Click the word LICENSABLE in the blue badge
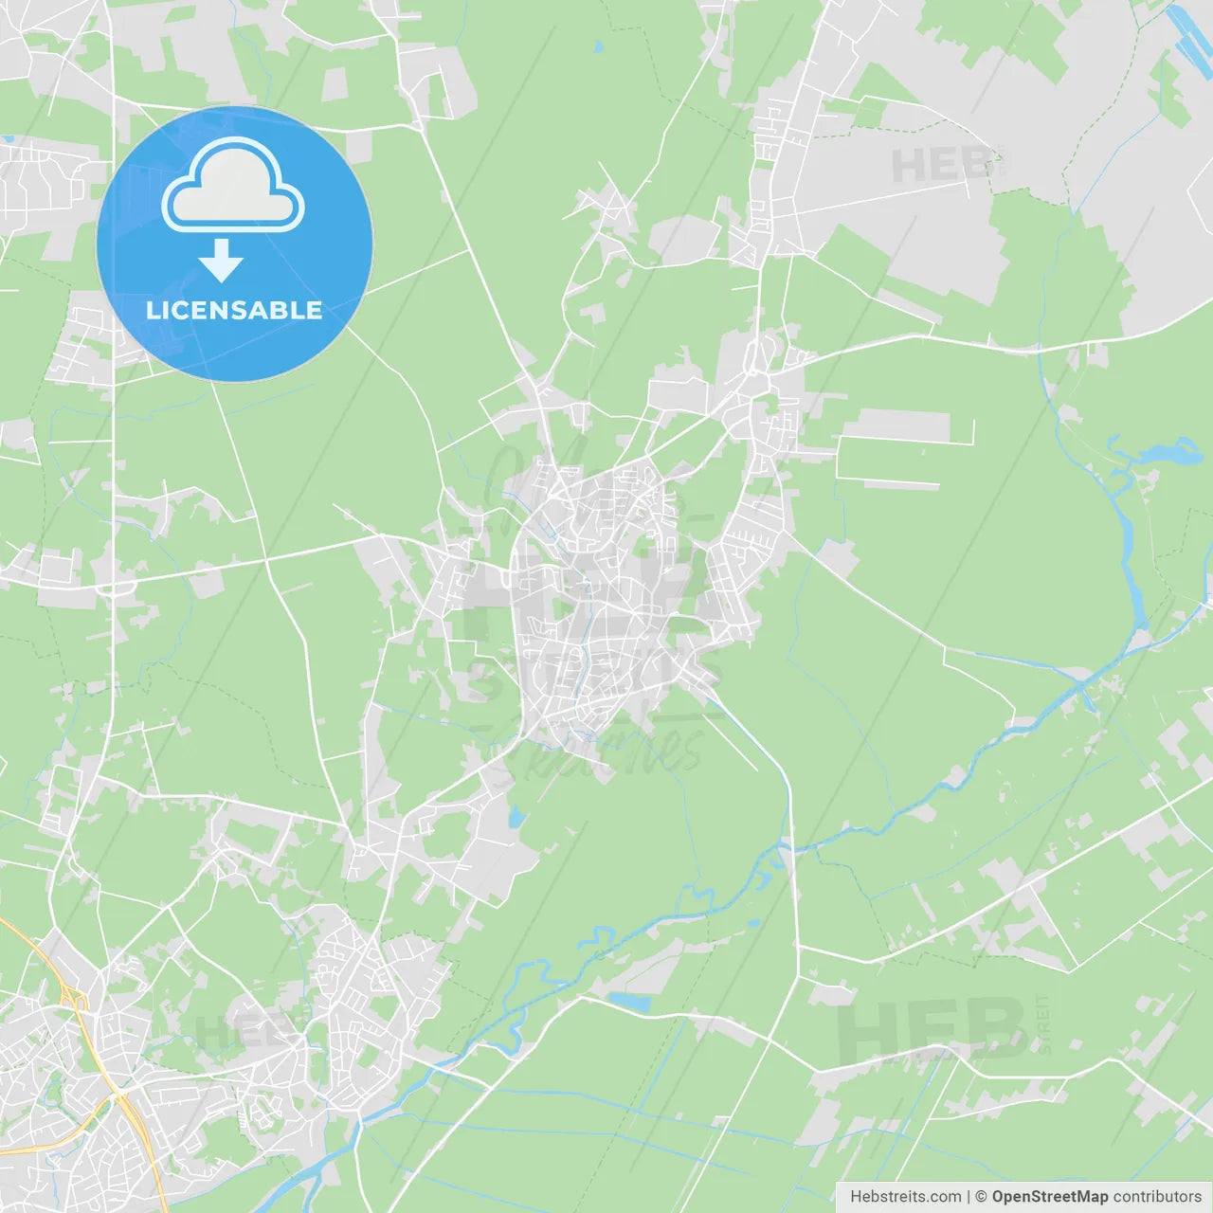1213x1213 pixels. pyautogui.click(x=234, y=311)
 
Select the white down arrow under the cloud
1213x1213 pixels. pyautogui.click(x=222, y=261)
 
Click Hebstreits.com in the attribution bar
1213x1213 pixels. pyautogui.click(x=905, y=1197)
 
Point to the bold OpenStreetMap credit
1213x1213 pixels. pyautogui.click(x=1049, y=1197)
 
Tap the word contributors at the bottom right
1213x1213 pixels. pyautogui.click(x=1157, y=1197)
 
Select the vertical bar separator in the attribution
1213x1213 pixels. pyautogui.click(x=968, y=1197)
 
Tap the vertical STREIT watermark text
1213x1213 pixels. pyautogui.click(x=1043, y=1023)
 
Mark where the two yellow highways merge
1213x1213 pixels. pyautogui.click(x=120, y=1099)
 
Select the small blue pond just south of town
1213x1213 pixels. pyautogui.click(x=516, y=817)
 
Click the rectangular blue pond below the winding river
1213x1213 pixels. pyautogui.click(x=629, y=1001)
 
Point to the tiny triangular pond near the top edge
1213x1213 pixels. pyautogui.click(x=598, y=45)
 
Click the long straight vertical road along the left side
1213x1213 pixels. pyautogui.click(x=113, y=379)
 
